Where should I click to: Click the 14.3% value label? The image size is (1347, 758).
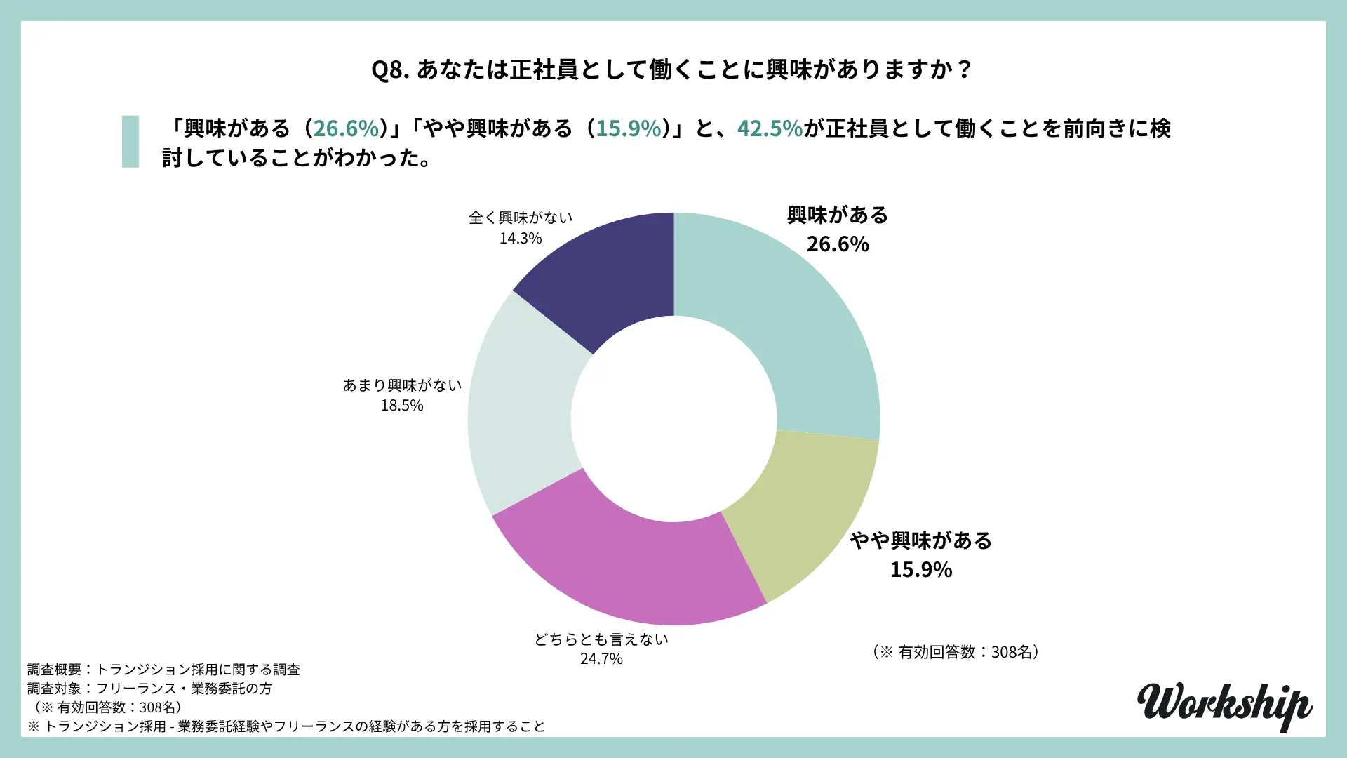coord(521,239)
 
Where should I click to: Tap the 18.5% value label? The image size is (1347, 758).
coord(402,406)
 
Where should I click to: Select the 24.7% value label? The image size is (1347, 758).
coord(601,659)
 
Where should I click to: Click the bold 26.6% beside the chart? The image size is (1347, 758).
coord(838,244)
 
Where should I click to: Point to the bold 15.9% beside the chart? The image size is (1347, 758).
coord(921,569)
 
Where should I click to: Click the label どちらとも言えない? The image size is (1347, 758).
coord(601,639)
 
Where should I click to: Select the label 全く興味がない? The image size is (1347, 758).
coord(521,218)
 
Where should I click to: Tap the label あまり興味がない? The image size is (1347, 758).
coord(402,385)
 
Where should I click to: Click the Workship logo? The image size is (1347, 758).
coord(1224,705)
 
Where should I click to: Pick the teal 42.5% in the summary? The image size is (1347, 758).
coord(770,128)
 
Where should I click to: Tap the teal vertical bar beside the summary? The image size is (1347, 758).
coord(130,142)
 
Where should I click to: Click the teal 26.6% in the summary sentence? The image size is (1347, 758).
coord(346,128)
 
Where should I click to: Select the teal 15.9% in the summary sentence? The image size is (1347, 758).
coord(629,128)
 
